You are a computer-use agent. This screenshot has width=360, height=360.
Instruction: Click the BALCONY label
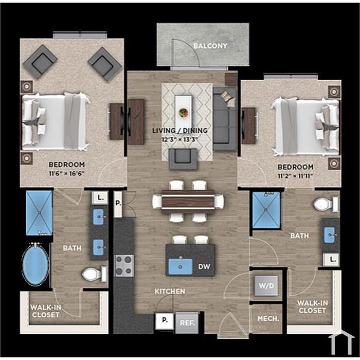click(x=210, y=46)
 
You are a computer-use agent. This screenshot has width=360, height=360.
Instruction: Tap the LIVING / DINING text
click(x=180, y=131)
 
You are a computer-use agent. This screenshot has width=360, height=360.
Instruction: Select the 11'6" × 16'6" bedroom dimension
click(x=66, y=173)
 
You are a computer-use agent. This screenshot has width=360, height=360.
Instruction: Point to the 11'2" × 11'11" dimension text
click(x=296, y=176)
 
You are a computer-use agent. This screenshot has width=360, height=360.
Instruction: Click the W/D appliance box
click(x=266, y=286)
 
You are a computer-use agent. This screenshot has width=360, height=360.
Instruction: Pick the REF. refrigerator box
click(x=187, y=322)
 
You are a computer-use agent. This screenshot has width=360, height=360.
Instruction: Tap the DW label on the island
click(x=204, y=266)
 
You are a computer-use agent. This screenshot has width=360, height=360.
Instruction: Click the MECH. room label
click(x=268, y=319)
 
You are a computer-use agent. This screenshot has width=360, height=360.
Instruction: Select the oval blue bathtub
click(x=35, y=264)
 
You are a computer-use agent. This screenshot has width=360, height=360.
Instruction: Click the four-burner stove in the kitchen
click(x=124, y=266)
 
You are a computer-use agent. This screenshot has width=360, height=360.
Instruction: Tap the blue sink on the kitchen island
click(x=181, y=266)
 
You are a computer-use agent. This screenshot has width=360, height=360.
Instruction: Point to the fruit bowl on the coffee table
click(x=184, y=113)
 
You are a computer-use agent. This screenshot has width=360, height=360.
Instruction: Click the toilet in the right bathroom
click(x=326, y=204)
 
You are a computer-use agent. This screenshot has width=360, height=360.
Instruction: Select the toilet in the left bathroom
click(x=94, y=274)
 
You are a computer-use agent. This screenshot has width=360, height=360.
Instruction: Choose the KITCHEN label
click(x=170, y=292)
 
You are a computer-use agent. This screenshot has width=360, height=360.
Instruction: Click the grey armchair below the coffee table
click(x=183, y=159)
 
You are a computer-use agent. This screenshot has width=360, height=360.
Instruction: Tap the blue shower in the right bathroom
click(x=266, y=210)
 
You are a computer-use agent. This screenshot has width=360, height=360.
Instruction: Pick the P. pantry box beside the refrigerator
click(x=165, y=320)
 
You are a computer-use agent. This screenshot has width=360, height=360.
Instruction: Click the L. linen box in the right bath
click(x=332, y=260)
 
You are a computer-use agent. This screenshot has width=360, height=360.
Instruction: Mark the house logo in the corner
click(x=341, y=342)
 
